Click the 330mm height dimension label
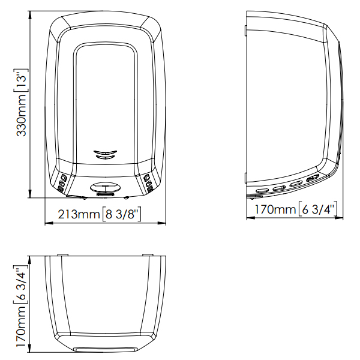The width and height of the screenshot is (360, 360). pos(21,115)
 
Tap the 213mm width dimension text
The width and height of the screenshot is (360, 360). pos(79,214)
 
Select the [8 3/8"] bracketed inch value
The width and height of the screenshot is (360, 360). pos(121,214)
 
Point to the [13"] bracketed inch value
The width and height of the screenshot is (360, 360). pos(21,81)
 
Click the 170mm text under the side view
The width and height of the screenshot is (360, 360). pos(275,209)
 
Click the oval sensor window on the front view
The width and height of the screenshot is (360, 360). pos(106,187)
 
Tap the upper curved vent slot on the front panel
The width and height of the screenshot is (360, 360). pos(106,152)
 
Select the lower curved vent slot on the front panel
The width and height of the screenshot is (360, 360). pos(106,157)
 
